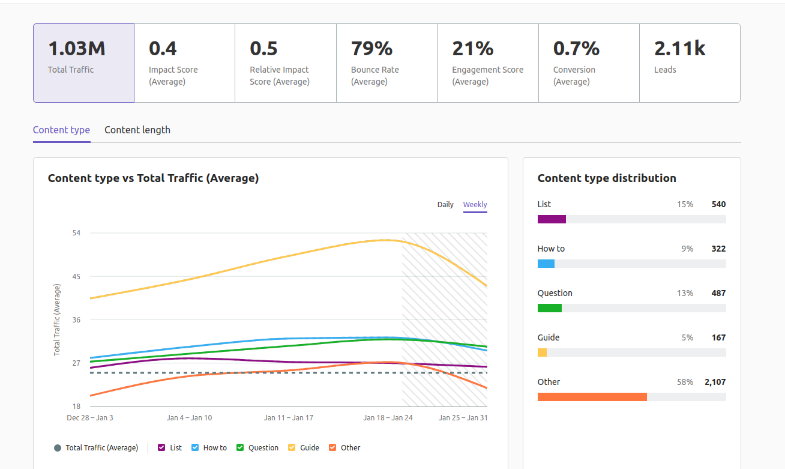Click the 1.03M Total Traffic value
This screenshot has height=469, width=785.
click(x=77, y=49)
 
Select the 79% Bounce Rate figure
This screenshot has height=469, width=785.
click(x=371, y=49)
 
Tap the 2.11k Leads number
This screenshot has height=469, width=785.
click(x=679, y=49)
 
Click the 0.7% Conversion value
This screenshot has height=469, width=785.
click(x=576, y=49)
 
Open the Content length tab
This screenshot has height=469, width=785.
click(x=137, y=130)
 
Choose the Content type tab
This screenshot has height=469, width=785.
click(x=61, y=130)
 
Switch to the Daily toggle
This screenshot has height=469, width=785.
click(x=445, y=205)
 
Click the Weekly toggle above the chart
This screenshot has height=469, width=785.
click(x=475, y=205)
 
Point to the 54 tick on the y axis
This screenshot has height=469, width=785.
click(x=76, y=233)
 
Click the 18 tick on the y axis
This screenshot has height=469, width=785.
click(x=76, y=407)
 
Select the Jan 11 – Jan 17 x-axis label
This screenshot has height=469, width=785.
click(x=289, y=418)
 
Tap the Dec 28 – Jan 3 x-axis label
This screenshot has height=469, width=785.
click(x=90, y=418)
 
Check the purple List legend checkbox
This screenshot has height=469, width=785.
click(x=161, y=447)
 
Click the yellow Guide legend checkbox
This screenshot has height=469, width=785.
click(x=292, y=447)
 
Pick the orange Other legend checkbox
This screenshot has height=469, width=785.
click(x=332, y=447)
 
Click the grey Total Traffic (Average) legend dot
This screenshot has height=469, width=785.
click(x=58, y=448)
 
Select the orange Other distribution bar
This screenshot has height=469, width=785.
click(x=592, y=397)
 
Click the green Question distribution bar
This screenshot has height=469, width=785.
click(x=549, y=308)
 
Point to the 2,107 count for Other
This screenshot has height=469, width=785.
click(x=715, y=382)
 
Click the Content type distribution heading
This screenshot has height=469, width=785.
click(x=607, y=178)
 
